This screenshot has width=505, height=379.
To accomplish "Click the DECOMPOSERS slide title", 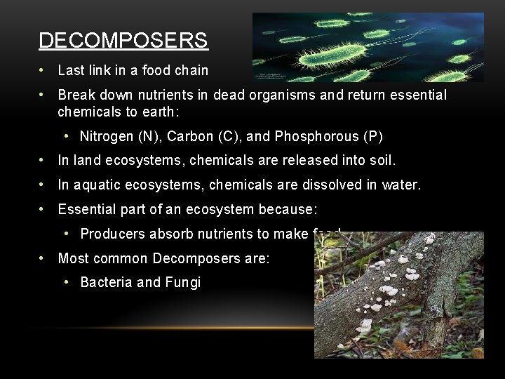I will [123, 41].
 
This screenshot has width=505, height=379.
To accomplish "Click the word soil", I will [379, 161].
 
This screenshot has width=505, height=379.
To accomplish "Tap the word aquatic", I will [96, 185].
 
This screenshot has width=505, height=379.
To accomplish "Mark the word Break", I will [76, 95].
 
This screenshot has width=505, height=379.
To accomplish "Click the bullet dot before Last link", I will [43, 70].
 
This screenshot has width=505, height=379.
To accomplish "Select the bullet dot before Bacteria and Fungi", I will [65, 283].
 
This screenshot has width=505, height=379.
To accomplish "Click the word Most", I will [72, 259].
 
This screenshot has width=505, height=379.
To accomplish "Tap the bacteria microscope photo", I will [368, 46].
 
